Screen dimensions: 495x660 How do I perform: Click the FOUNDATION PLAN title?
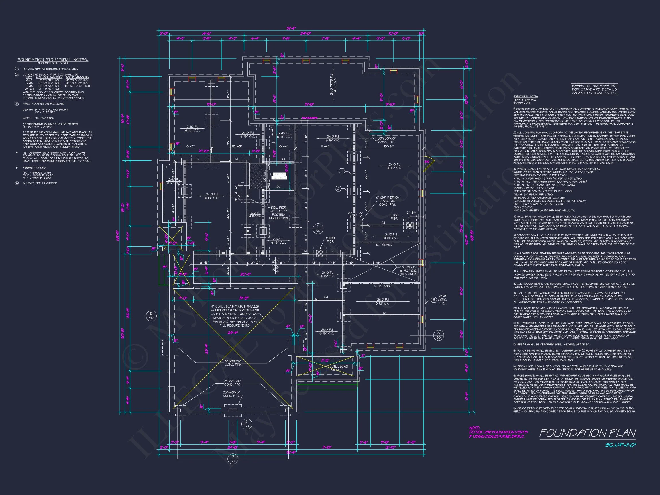coord(587,433)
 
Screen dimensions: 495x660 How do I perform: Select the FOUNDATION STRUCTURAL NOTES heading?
coord(53,60)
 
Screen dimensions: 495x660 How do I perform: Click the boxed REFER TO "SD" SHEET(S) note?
coord(594,89)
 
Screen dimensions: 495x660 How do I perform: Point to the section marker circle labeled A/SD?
coord(438,335)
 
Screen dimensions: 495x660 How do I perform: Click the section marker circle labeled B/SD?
coord(151,315)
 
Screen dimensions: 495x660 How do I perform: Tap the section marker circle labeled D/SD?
coord(233,459)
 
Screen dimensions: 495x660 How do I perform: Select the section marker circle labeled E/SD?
coord(246,424)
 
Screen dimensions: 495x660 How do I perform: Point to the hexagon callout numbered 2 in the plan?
coord(338,188)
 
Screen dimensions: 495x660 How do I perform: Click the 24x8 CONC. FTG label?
coord(442,300)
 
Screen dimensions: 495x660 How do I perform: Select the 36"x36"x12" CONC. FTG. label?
coord(233,363)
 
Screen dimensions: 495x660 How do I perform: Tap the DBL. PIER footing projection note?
coord(278,213)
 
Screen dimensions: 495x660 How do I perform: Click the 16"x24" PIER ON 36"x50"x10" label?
coord(387,201)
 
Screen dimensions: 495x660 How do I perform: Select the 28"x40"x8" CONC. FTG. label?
coord(231,394)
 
